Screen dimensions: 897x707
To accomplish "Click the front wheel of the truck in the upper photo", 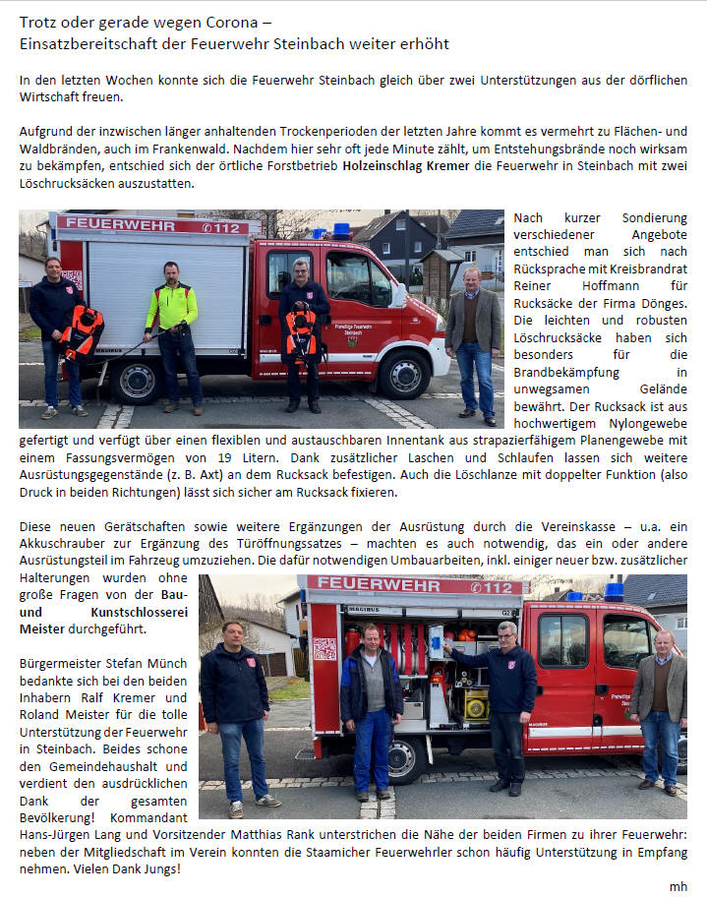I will click(404, 374).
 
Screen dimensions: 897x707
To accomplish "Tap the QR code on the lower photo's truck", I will click(324, 649).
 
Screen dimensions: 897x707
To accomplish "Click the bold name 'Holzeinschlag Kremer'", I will click(407, 166).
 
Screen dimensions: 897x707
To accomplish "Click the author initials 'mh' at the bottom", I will click(678, 885).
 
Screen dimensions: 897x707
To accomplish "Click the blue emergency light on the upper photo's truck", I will click(341, 230).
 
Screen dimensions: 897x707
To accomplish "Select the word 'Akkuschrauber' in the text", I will click(62, 543).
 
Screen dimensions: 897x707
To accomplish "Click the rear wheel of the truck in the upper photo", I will click(135, 379).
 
